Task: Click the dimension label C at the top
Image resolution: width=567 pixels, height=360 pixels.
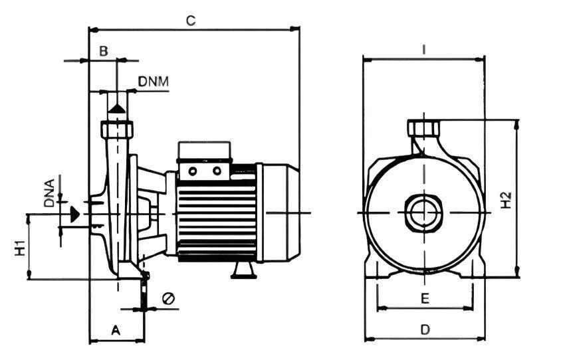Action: (191, 21)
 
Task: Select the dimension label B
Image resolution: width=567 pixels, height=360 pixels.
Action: (104, 52)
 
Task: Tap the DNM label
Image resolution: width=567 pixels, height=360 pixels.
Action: (154, 82)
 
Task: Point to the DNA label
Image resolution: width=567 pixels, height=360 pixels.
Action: (49, 193)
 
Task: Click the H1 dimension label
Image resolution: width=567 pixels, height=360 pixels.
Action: (20, 248)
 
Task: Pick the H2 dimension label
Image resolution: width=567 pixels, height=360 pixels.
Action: (507, 200)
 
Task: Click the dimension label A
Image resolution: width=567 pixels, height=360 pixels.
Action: (116, 329)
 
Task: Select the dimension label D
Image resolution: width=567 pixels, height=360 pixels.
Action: (425, 329)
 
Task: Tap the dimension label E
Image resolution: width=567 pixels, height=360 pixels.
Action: (425, 299)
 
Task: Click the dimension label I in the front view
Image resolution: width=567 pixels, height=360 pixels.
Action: (424, 50)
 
